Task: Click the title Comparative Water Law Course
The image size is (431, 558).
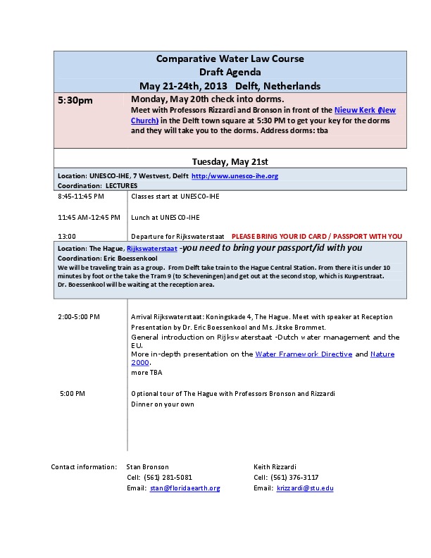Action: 230,58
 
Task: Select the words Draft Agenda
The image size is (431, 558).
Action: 230,72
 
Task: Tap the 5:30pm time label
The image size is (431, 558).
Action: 75,101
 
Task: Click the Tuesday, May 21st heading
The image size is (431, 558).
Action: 230,161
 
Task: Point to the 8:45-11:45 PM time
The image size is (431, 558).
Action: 81,196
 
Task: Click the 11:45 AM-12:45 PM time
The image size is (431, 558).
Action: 89,217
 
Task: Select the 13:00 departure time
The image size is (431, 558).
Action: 68,236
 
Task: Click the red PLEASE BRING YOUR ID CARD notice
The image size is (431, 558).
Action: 317,236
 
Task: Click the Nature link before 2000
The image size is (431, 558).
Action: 382,354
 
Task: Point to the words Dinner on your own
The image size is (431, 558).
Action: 164,404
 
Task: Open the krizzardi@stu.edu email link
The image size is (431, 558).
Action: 305,488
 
